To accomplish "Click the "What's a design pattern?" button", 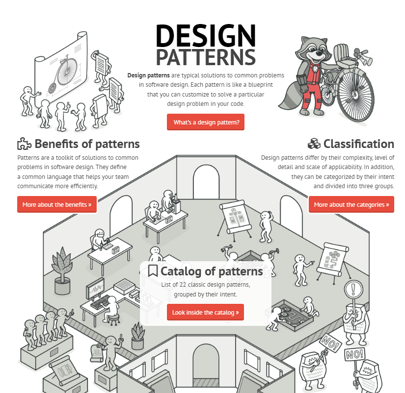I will click(x=206, y=122).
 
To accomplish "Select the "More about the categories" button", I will click(x=351, y=204).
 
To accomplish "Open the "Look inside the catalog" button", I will click(x=205, y=312).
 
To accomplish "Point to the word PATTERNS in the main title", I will click(x=206, y=57).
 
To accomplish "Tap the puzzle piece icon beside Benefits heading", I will click(x=24, y=144).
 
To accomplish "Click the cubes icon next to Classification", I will click(x=314, y=144).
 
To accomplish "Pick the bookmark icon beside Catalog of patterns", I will click(x=153, y=271).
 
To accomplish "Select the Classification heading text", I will click(x=358, y=144).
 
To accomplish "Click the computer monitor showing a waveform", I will click(x=96, y=287).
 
